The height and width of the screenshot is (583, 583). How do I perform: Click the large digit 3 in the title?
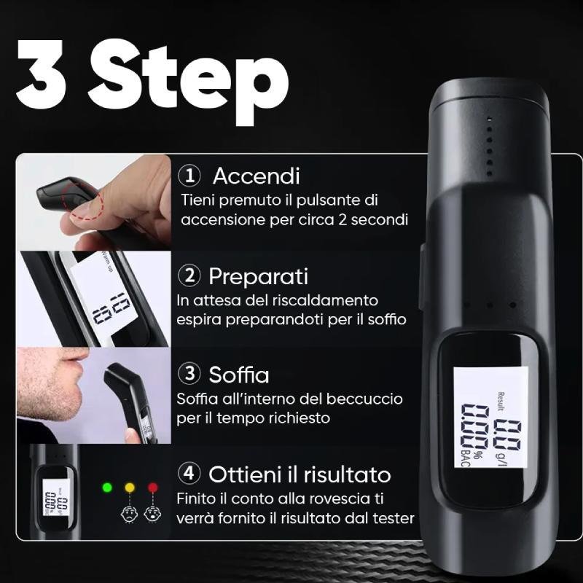(x=41, y=74)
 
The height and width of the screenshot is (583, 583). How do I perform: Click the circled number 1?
(x=189, y=176)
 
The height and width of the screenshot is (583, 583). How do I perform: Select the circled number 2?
(x=189, y=276)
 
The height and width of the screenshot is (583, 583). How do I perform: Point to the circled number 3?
(x=189, y=373)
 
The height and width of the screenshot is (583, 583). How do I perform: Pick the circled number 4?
(x=189, y=473)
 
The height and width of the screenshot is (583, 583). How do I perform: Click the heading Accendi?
(x=257, y=176)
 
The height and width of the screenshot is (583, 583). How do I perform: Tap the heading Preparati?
(x=259, y=277)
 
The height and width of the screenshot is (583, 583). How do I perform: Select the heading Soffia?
(x=239, y=374)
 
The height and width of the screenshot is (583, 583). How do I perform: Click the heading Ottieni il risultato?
(x=300, y=474)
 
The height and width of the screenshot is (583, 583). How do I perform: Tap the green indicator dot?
(x=107, y=488)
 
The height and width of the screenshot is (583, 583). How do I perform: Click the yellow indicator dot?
(x=130, y=488)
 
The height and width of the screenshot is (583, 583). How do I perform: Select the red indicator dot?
(x=153, y=488)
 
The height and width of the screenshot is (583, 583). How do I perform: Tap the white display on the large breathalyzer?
(x=490, y=417)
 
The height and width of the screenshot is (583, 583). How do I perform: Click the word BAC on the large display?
(x=466, y=458)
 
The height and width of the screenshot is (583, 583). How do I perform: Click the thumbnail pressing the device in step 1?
(x=94, y=203)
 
